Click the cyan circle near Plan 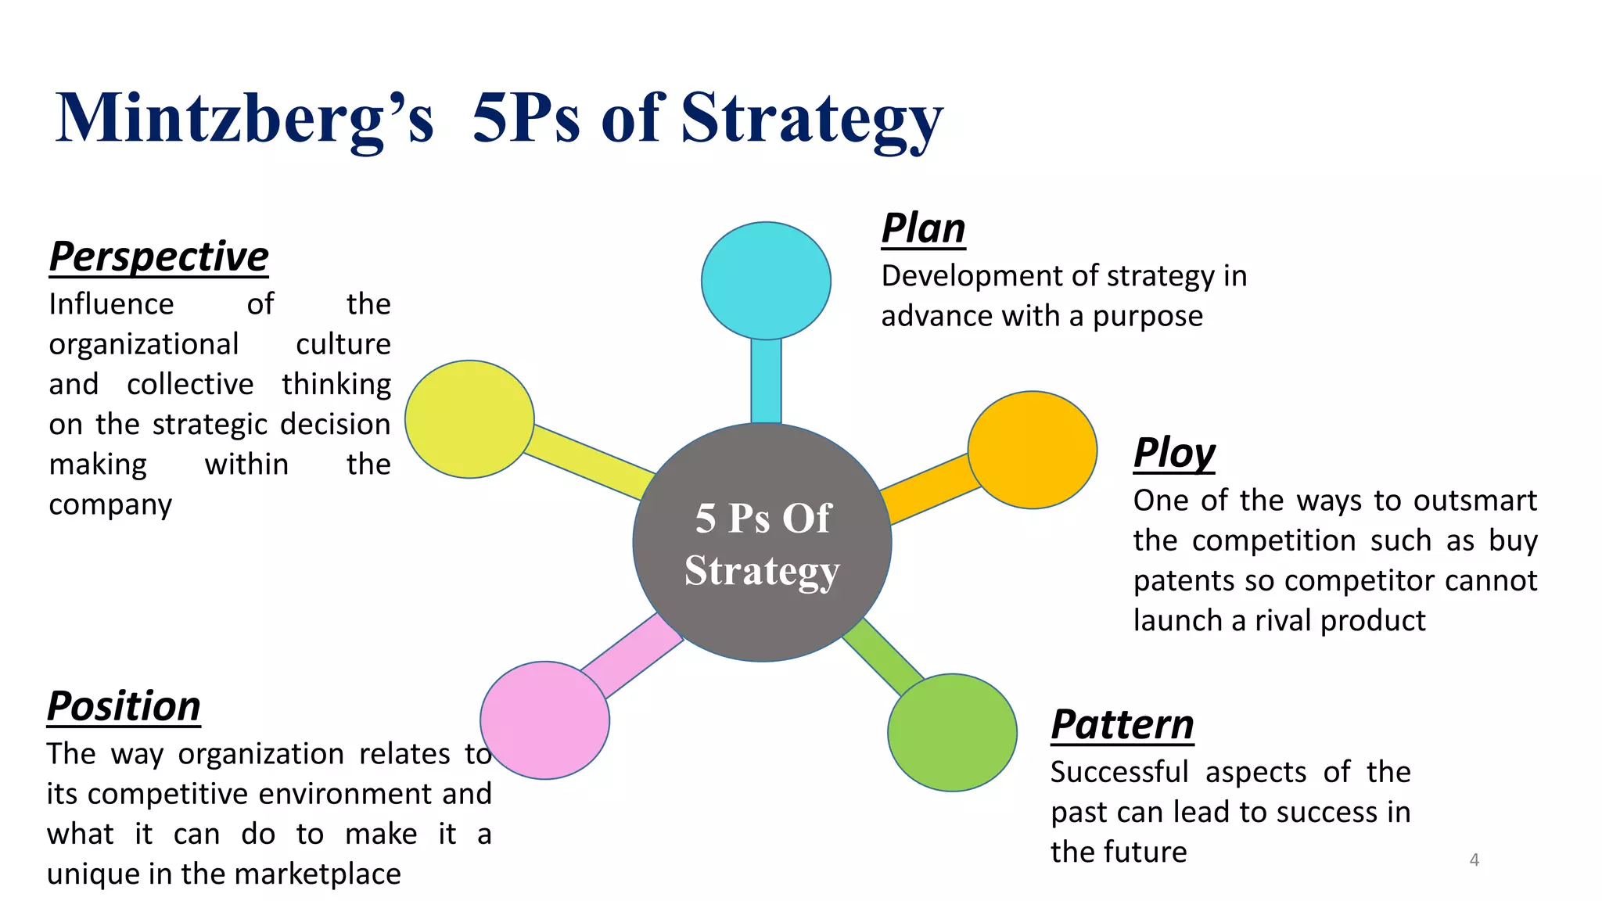(x=766, y=281)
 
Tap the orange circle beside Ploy (x=1033, y=450)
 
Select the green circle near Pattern (x=952, y=732)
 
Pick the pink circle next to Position (x=544, y=720)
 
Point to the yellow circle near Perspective (x=469, y=419)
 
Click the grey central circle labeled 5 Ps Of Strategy (x=762, y=543)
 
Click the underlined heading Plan (x=923, y=228)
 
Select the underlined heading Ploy (x=1174, y=453)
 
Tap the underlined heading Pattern (x=1122, y=724)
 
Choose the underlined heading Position (x=124, y=706)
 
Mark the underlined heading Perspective (x=159, y=257)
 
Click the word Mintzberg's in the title (x=244, y=119)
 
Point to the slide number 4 (x=1474, y=860)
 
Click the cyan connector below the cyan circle (x=766, y=381)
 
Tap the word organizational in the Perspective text (x=143, y=344)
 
